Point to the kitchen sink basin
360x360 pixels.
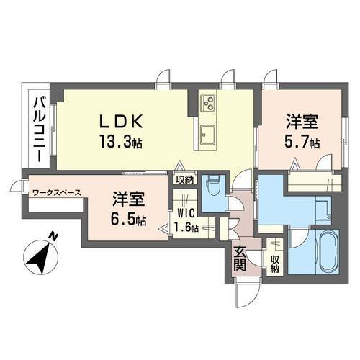[209, 134]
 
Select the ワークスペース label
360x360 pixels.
[56, 192]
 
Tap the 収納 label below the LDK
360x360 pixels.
[183, 181]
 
